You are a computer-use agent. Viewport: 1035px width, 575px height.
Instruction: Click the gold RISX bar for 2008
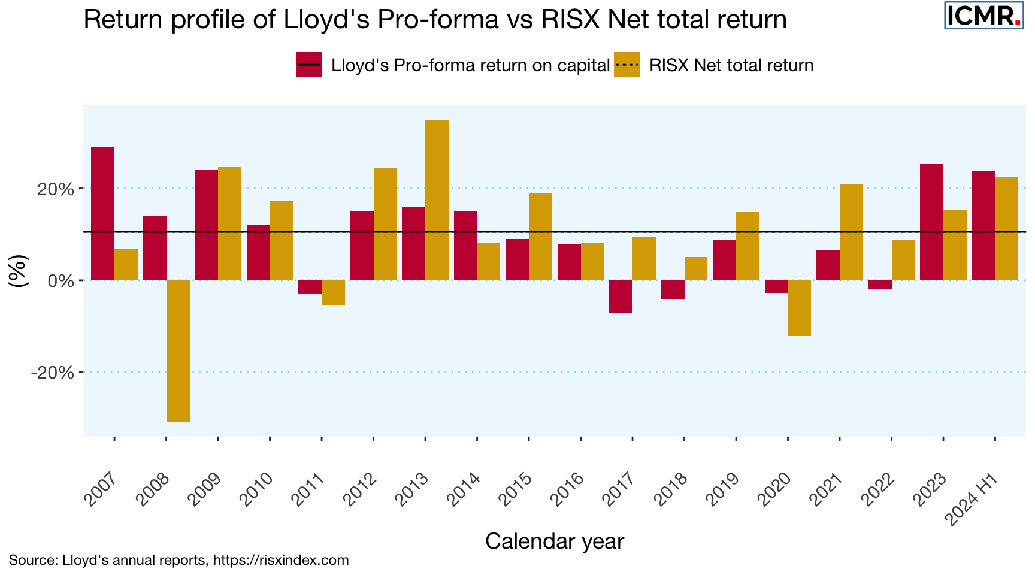tap(178, 350)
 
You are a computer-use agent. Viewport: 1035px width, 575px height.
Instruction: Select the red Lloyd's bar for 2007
tap(102, 213)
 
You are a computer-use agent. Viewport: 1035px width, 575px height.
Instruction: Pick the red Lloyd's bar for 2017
tap(621, 296)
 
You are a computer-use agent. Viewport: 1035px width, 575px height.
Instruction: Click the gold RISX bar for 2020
tap(800, 308)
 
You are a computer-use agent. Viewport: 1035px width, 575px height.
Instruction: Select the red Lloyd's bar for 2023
tap(931, 222)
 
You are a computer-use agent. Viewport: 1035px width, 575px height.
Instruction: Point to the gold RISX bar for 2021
tap(851, 232)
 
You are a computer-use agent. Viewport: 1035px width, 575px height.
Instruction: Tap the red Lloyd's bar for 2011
tap(310, 287)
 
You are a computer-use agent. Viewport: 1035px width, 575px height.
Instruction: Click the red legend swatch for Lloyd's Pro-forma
tap(309, 65)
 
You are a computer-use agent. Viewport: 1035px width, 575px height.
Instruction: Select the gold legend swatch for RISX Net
tap(627, 65)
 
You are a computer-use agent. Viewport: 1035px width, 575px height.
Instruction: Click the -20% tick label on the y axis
tap(53, 373)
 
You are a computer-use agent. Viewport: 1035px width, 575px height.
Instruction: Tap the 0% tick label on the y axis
tap(60, 280)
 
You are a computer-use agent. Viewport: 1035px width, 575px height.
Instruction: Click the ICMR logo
tap(983, 15)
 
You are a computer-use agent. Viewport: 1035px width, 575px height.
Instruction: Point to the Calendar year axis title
tap(554, 541)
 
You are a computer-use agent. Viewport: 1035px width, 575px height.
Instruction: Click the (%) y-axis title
tap(19, 271)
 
